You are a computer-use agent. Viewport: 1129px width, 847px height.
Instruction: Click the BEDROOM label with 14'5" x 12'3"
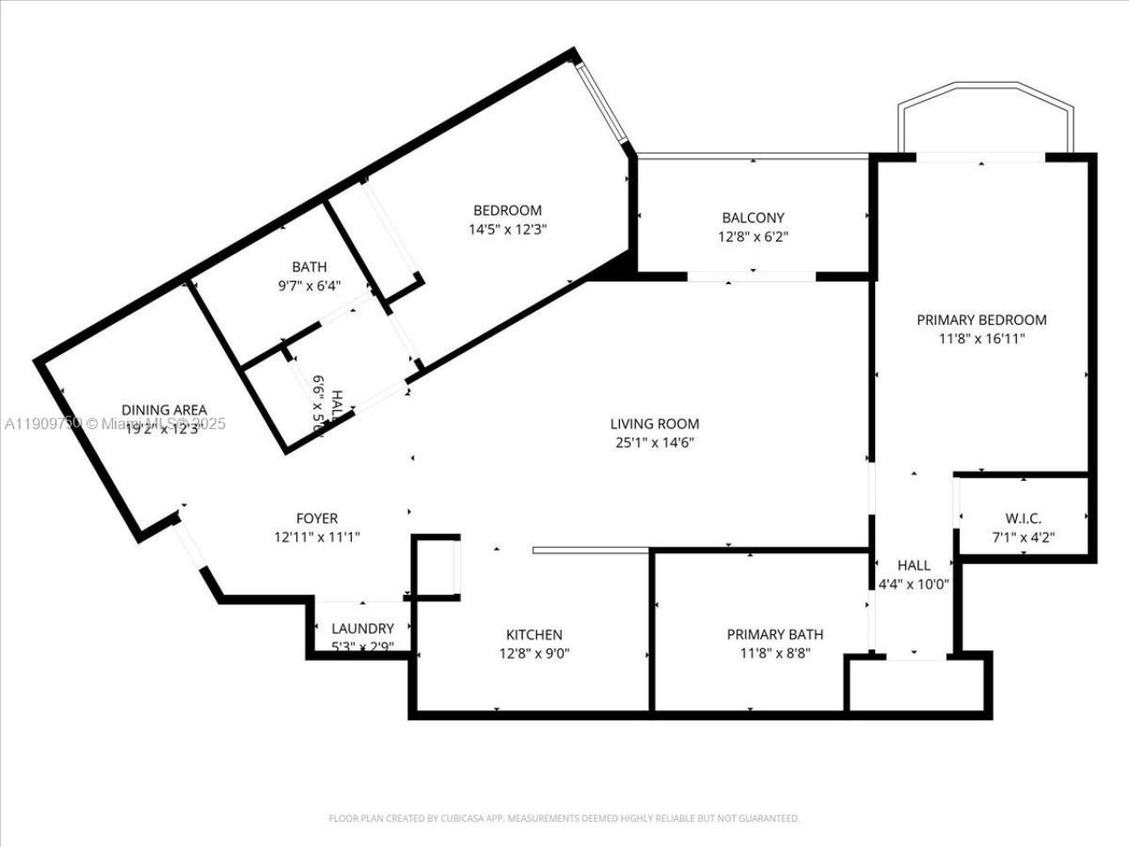[x=507, y=210]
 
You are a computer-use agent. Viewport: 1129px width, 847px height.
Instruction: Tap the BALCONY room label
[x=752, y=217]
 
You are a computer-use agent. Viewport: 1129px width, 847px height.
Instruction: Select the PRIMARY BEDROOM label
[x=981, y=320]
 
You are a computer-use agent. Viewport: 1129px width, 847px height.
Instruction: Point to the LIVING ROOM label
[x=654, y=423]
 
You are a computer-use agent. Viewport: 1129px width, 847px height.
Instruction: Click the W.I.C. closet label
[x=1023, y=519]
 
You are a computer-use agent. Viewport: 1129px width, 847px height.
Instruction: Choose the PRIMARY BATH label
[x=774, y=634]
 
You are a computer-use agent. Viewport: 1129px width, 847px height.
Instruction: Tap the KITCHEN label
[x=534, y=634]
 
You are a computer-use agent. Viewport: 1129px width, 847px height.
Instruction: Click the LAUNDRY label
[x=362, y=628]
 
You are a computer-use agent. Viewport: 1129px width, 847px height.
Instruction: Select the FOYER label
[x=316, y=518]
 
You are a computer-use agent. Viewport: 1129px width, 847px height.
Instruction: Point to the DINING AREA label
[x=164, y=409]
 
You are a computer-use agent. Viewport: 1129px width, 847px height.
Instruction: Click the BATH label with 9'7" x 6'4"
[x=310, y=266]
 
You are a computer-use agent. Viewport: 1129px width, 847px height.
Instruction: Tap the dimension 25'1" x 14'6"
[x=654, y=443]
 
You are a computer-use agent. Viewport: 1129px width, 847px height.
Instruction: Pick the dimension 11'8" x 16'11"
[x=981, y=339]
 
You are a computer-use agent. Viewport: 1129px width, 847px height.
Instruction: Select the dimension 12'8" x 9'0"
[x=534, y=654]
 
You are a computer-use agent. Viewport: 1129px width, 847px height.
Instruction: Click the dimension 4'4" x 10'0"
[x=913, y=583]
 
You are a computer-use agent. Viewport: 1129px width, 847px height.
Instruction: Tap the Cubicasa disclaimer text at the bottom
[x=564, y=818]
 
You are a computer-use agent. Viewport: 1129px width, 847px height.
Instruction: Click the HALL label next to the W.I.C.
[x=913, y=565]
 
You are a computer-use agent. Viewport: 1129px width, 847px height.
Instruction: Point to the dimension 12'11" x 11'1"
[x=316, y=536]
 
